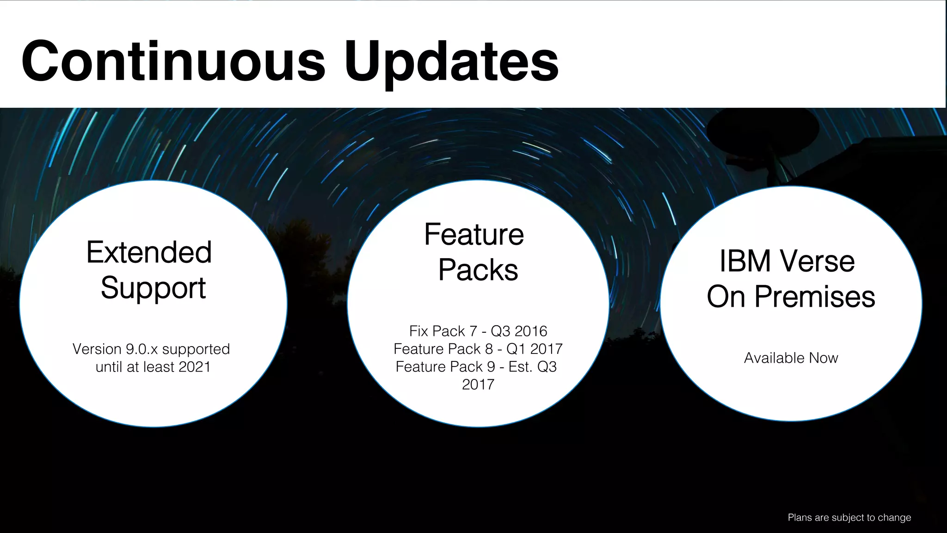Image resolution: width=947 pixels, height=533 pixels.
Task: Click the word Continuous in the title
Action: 173,61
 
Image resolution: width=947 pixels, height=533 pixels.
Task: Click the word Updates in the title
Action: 451,62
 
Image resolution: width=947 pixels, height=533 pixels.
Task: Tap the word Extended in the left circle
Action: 149,253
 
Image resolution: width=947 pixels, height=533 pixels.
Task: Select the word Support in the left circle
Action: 153,288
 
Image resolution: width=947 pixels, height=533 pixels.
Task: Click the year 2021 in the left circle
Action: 194,367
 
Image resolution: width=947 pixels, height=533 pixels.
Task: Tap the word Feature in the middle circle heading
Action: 474,235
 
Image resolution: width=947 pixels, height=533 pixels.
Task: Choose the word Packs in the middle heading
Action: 478,270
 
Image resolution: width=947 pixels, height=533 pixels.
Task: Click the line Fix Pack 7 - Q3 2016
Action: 478,331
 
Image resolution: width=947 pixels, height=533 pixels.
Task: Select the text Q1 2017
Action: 535,349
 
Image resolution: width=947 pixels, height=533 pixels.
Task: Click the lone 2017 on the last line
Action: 478,384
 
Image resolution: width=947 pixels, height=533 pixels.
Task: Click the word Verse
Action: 818,261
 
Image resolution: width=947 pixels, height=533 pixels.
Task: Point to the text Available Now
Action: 791,358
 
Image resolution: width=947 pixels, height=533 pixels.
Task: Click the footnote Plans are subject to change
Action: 849,517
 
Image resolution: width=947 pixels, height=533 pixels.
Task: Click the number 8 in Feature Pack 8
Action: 489,349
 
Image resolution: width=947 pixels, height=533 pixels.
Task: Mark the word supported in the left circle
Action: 196,349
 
